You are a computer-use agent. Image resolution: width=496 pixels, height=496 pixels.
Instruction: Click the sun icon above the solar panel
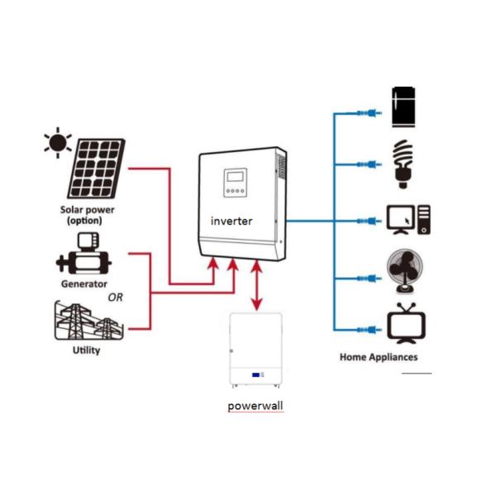[58, 142]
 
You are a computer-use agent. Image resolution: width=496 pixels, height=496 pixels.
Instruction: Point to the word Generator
[83, 284]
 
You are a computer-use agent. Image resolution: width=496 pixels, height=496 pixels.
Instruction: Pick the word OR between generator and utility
[116, 297]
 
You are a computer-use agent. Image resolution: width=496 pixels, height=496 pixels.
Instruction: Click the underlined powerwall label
[255, 407]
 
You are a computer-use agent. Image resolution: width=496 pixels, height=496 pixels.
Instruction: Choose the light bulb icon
[403, 162]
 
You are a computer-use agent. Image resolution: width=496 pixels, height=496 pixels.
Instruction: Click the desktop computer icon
[408, 219]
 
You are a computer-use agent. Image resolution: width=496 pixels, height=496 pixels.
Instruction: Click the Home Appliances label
[379, 357]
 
